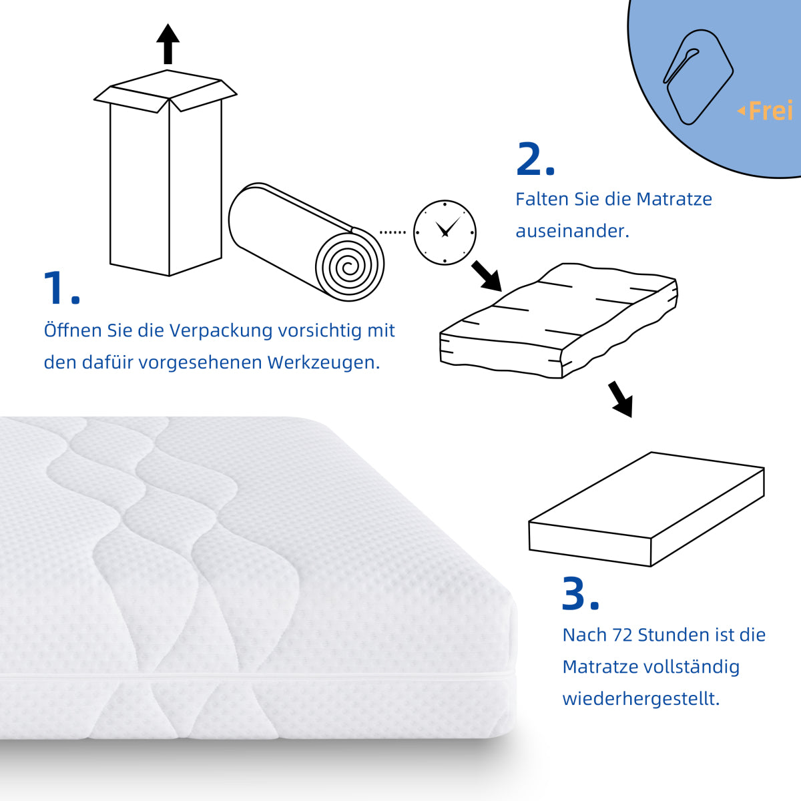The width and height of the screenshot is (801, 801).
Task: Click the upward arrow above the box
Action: (168, 44)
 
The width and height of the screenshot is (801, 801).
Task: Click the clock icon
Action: (445, 232)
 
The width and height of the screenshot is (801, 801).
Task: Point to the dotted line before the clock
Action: (392, 232)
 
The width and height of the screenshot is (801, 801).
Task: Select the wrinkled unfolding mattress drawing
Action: (559, 320)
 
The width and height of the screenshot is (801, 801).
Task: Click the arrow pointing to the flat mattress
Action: (621, 399)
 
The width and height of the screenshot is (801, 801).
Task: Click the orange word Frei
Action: (770, 111)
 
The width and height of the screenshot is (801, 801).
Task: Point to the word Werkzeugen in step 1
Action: (323, 362)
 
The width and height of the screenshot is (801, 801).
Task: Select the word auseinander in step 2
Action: (572, 231)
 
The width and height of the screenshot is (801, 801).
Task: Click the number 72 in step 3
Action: (622, 635)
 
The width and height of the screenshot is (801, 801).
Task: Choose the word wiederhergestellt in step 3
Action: (641, 699)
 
